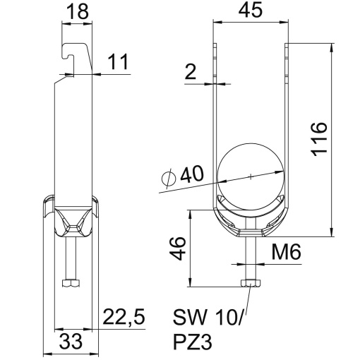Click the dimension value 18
[x=77, y=12]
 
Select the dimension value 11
[x=119, y=64]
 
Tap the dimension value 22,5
[x=124, y=318]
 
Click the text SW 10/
[x=208, y=318]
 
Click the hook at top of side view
[x=71, y=56]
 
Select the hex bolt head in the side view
[x=69, y=284]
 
